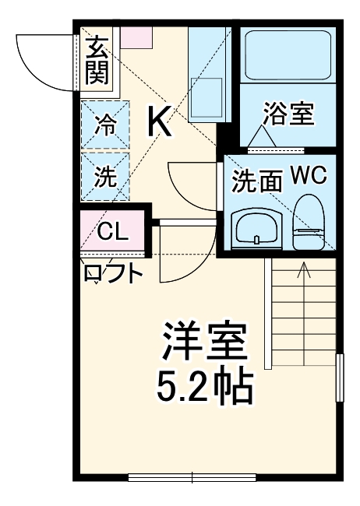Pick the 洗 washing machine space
coord(105,176)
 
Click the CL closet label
coord(112,231)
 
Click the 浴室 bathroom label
coord(289,114)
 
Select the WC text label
coord(309,176)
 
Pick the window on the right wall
coord(340,378)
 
